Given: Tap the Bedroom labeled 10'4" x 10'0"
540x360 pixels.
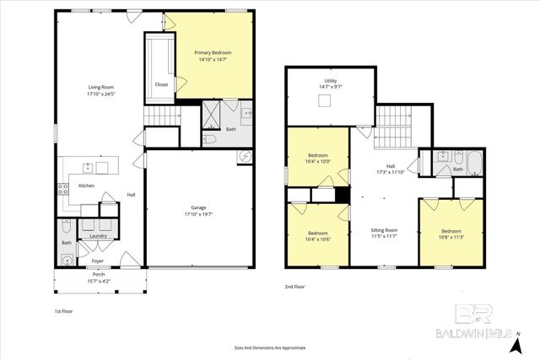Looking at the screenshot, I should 317,155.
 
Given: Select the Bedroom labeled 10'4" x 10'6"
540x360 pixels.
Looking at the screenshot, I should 317,233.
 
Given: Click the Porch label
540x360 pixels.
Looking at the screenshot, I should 99,275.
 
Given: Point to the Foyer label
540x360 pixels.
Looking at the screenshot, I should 97,261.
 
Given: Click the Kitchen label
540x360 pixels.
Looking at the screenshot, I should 87,185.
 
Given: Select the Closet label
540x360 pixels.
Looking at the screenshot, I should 161,84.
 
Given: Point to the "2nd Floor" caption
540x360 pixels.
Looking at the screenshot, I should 294,287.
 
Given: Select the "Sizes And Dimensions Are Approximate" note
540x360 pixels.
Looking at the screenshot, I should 270,347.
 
